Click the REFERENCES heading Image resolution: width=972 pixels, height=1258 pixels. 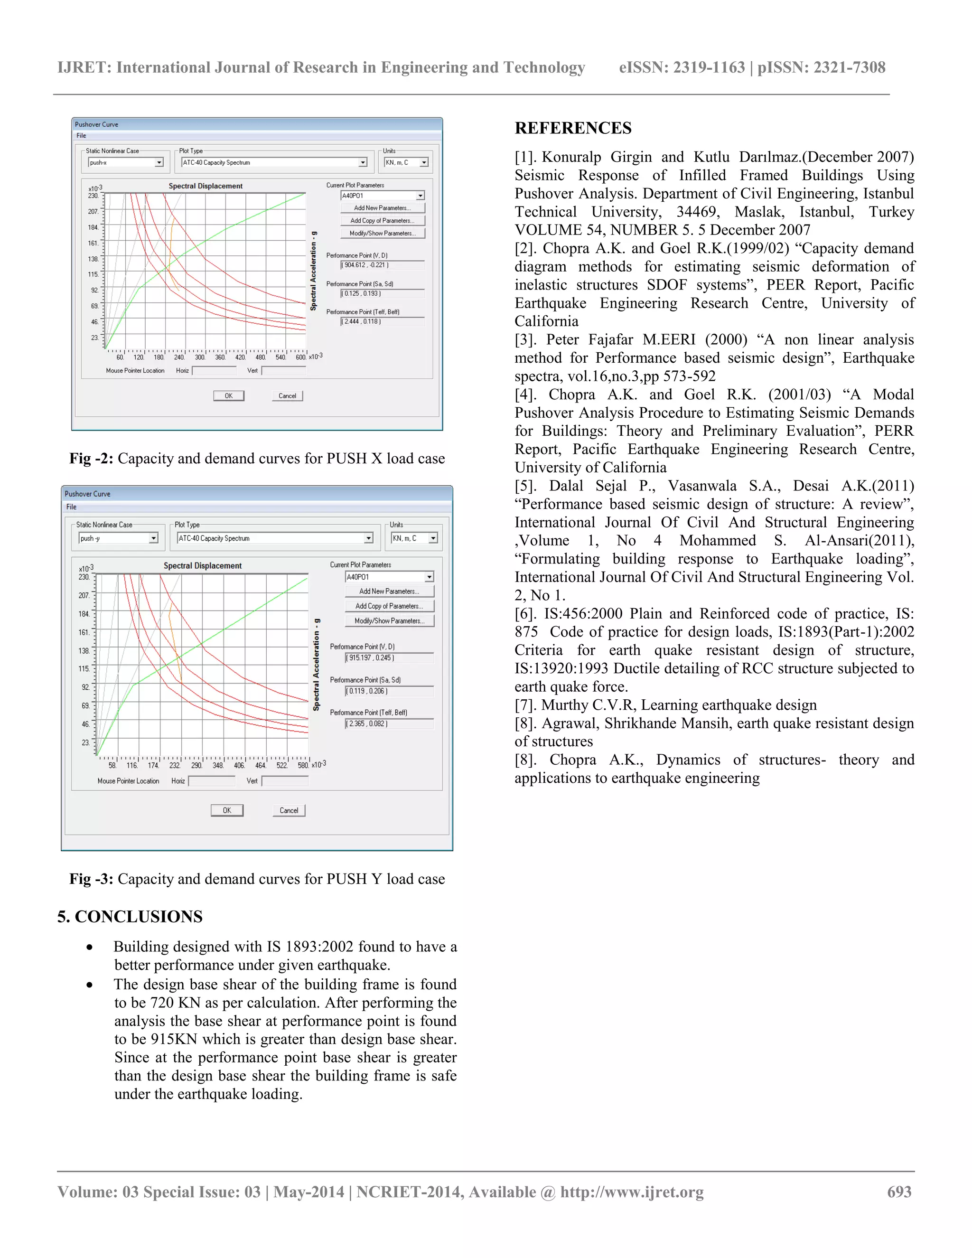572,128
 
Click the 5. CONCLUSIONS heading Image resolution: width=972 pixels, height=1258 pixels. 130,916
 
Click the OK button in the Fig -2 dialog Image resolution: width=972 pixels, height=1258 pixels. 229,396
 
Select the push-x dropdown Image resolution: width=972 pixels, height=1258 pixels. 125,162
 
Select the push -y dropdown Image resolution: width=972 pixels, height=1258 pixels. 118,538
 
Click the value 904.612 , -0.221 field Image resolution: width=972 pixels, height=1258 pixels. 382,265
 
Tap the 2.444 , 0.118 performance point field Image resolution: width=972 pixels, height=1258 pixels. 382,321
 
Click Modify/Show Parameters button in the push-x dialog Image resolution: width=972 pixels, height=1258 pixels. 383,233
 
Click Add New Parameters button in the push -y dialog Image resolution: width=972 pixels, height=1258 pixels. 389,591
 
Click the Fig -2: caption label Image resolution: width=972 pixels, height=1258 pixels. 92,459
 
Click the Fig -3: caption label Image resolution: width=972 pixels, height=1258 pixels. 92,879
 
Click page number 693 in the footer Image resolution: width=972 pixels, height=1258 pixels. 899,1192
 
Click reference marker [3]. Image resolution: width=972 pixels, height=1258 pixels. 525,340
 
